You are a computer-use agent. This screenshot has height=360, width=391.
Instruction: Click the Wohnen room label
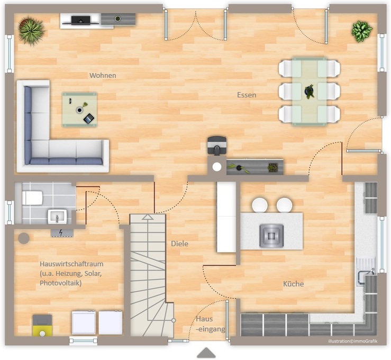click(103, 75)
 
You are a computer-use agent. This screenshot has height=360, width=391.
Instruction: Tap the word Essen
click(247, 95)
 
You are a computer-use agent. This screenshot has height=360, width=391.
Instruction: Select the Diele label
click(179, 244)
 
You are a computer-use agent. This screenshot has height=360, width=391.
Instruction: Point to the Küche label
click(293, 284)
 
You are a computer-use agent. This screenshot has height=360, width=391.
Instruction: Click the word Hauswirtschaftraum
click(71, 264)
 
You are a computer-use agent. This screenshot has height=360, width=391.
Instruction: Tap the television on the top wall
click(80, 20)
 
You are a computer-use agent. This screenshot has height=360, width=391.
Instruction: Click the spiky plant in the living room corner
click(32, 31)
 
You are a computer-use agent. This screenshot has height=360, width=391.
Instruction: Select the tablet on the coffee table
click(88, 119)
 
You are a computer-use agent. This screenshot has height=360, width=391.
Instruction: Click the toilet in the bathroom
click(32, 198)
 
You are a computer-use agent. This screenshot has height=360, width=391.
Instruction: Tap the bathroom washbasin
click(57, 217)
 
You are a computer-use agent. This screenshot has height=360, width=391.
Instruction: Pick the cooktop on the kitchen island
click(271, 236)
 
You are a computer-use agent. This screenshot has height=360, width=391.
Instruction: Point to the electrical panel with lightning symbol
click(62, 232)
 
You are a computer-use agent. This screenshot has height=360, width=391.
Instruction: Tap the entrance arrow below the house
click(206, 353)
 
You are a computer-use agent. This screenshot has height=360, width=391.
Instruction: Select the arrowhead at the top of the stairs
click(148, 217)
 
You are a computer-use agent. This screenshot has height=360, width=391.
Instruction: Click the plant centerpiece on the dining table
click(310, 92)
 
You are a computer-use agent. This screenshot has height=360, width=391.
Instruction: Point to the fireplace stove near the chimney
click(217, 146)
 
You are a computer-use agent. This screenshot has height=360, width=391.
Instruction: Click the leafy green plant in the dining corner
click(361, 31)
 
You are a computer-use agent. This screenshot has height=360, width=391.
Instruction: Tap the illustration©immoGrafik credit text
click(352, 341)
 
